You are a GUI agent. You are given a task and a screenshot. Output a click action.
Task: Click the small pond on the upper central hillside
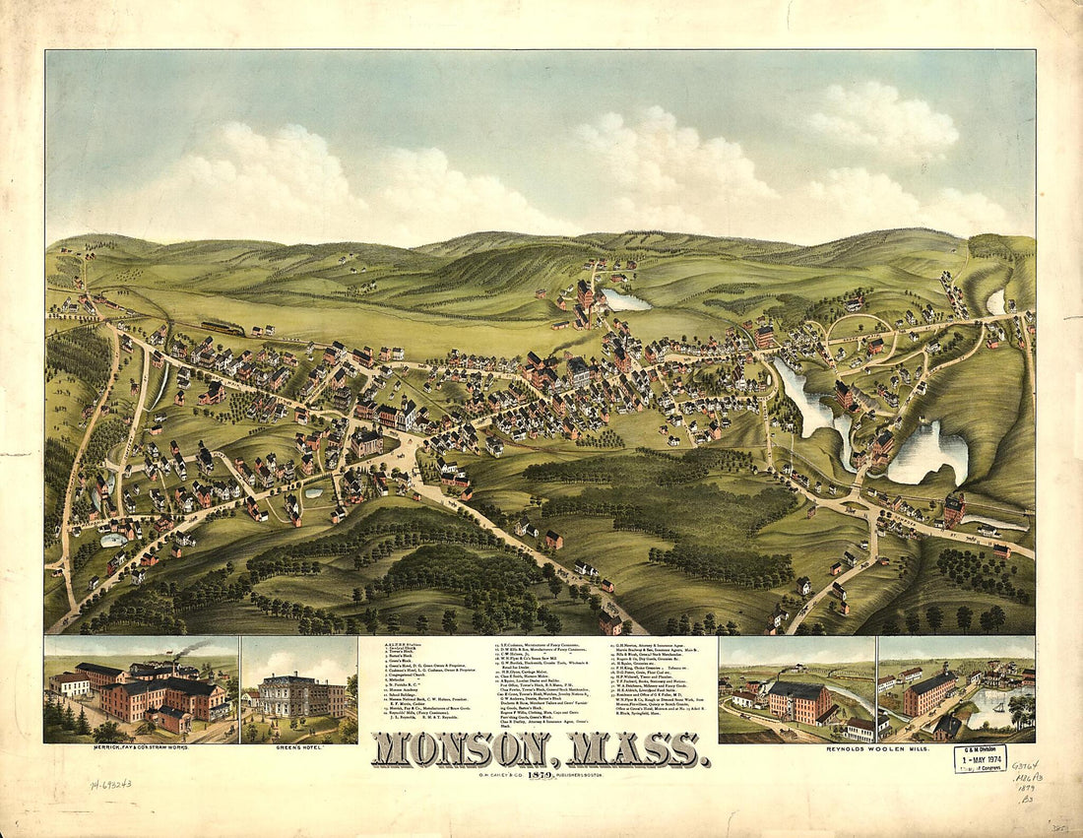click(626, 299)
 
